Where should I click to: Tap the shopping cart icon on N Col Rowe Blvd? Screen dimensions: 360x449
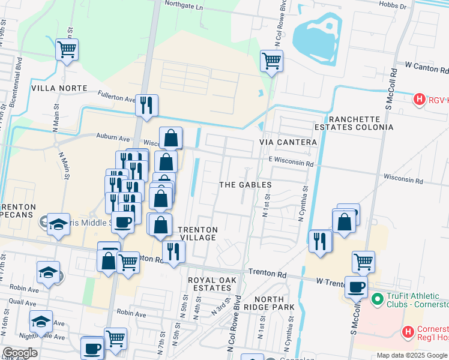(x=271, y=60)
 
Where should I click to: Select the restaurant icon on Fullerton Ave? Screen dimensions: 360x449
(x=146, y=106)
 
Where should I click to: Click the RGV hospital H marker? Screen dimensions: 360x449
(x=420, y=99)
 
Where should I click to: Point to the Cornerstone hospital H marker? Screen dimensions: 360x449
(x=408, y=331)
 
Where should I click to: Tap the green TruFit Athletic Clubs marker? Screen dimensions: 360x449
(x=377, y=298)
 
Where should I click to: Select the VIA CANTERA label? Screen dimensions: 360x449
(x=288, y=142)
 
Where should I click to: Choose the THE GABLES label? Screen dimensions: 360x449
(x=245, y=185)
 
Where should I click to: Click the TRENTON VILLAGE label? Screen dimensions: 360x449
(x=198, y=233)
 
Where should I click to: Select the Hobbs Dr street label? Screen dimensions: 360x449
(x=395, y=4)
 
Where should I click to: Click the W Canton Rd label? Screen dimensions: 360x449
(x=426, y=64)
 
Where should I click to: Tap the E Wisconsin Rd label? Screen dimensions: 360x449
(x=291, y=163)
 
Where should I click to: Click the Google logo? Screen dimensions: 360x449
(x=19, y=353)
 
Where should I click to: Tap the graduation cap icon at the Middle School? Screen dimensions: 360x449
(x=58, y=224)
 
